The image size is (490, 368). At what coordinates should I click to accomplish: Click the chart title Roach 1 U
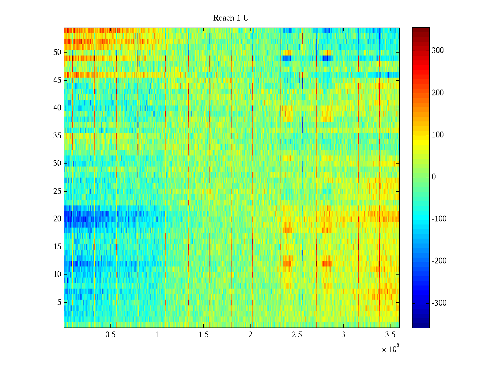click(x=231, y=18)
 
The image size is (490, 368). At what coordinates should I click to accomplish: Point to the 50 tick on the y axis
click(x=57, y=52)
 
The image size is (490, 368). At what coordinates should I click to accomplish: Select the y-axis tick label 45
click(x=57, y=80)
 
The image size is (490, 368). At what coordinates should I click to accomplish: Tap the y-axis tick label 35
click(x=57, y=136)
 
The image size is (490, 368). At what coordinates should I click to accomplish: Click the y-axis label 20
click(x=57, y=219)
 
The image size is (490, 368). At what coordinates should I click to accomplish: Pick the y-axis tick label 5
click(x=59, y=302)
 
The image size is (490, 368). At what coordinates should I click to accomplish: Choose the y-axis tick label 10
click(x=57, y=274)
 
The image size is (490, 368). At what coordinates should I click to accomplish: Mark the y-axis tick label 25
click(x=57, y=191)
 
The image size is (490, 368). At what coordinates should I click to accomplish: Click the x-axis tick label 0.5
click(x=110, y=335)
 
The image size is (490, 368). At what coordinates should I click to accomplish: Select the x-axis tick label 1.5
click(x=204, y=335)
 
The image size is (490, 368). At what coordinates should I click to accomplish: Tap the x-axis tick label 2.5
click(x=297, y=335)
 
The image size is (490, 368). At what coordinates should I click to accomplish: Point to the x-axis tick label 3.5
click(x=390, y=335)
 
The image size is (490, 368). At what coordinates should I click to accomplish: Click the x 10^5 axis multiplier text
click(x=390, y=349)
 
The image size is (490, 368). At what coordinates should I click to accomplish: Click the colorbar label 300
click(x=438, y=51)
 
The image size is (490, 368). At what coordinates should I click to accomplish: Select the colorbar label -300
click(x=439, y=303)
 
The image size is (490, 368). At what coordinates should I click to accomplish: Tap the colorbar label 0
click(x=434, y=177)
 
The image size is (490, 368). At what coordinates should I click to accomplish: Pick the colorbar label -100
click(x=439, y=219)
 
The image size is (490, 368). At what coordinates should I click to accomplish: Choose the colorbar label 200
click(x=438, y=93)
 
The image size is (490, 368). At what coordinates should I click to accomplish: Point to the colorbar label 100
click(x=438, y=135)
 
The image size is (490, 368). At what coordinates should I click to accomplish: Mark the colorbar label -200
click(x=439, y=261)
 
